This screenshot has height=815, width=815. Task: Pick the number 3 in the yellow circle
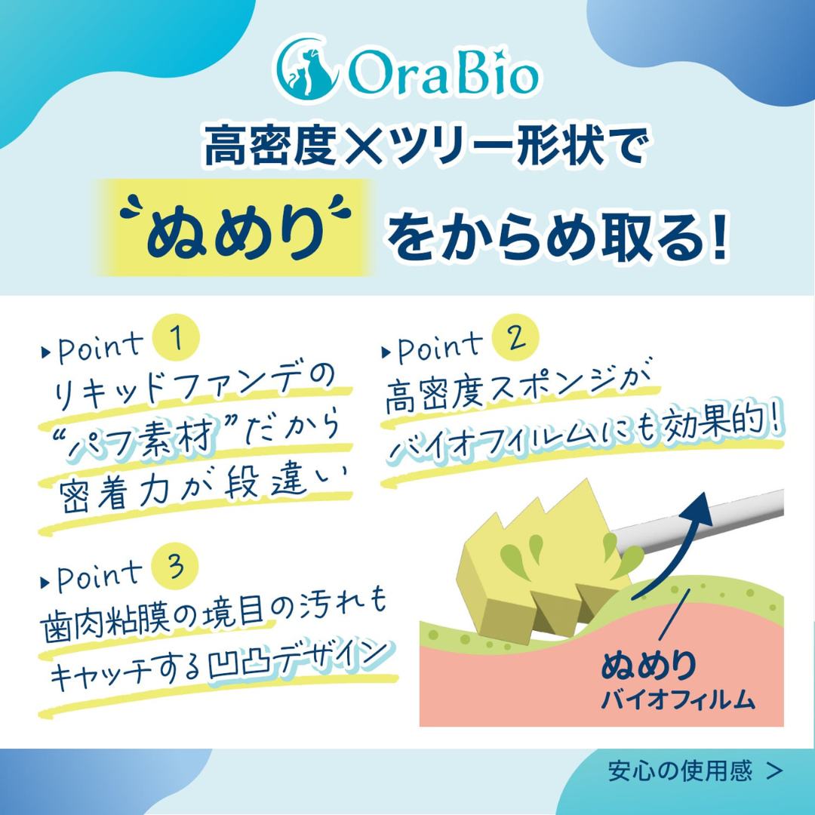[175, 568]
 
